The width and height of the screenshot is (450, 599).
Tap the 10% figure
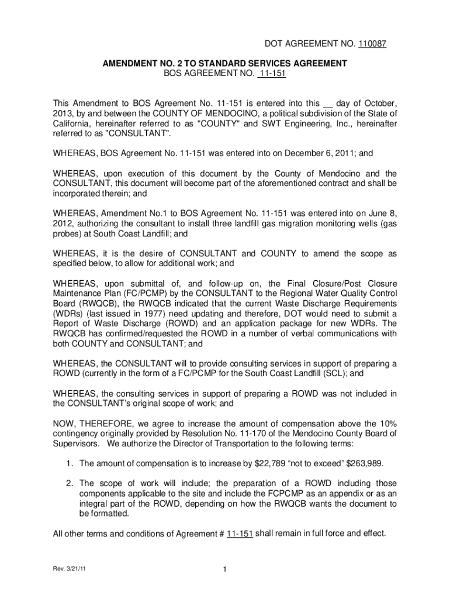click(386, 424)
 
